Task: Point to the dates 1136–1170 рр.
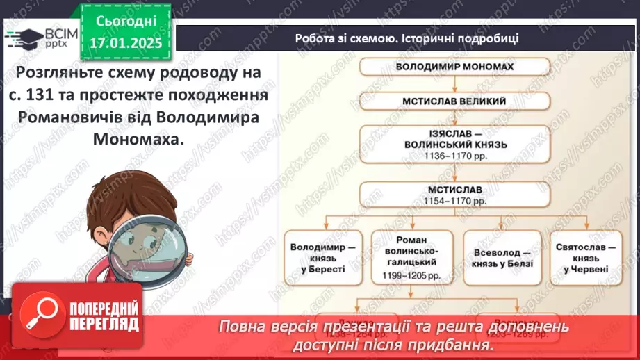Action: [x=455, y=156]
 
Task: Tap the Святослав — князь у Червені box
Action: [x=586, y=257]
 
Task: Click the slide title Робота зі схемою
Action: [x=407, y=38]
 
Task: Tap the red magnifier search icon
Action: [x=43, y=317]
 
